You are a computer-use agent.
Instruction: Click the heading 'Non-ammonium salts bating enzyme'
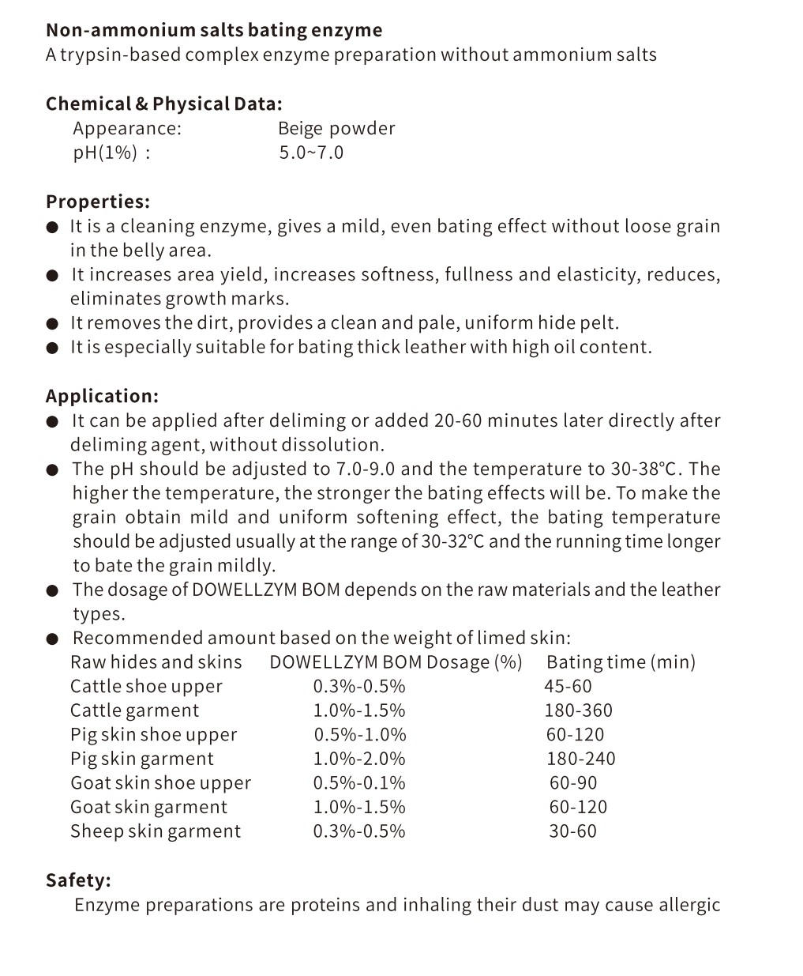(214, 31)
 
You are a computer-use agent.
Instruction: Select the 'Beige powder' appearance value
(336, 129)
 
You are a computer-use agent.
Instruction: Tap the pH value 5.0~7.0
(311, 153)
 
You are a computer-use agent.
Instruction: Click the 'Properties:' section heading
(98, 202)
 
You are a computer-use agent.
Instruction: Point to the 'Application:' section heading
(102, 396)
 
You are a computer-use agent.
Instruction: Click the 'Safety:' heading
(78, 880)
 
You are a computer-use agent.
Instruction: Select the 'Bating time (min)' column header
(621, 662)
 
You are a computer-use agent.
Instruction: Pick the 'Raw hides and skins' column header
(156, 662)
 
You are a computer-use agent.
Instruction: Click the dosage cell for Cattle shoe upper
(359, 687)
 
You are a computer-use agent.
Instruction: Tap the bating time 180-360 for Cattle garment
(578, 710)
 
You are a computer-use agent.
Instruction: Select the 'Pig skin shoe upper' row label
(153, 735)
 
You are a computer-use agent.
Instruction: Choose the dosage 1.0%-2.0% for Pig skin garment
(359, 759)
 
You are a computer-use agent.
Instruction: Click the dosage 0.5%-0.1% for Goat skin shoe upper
(359, 783)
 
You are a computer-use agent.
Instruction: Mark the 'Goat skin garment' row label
(148, 808)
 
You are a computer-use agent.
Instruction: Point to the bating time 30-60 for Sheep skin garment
(573, 831)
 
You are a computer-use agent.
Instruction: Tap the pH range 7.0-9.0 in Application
(366, 469)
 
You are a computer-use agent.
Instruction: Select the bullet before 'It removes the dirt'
(52, 323)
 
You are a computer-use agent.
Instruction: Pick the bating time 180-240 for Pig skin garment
(581, 759)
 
